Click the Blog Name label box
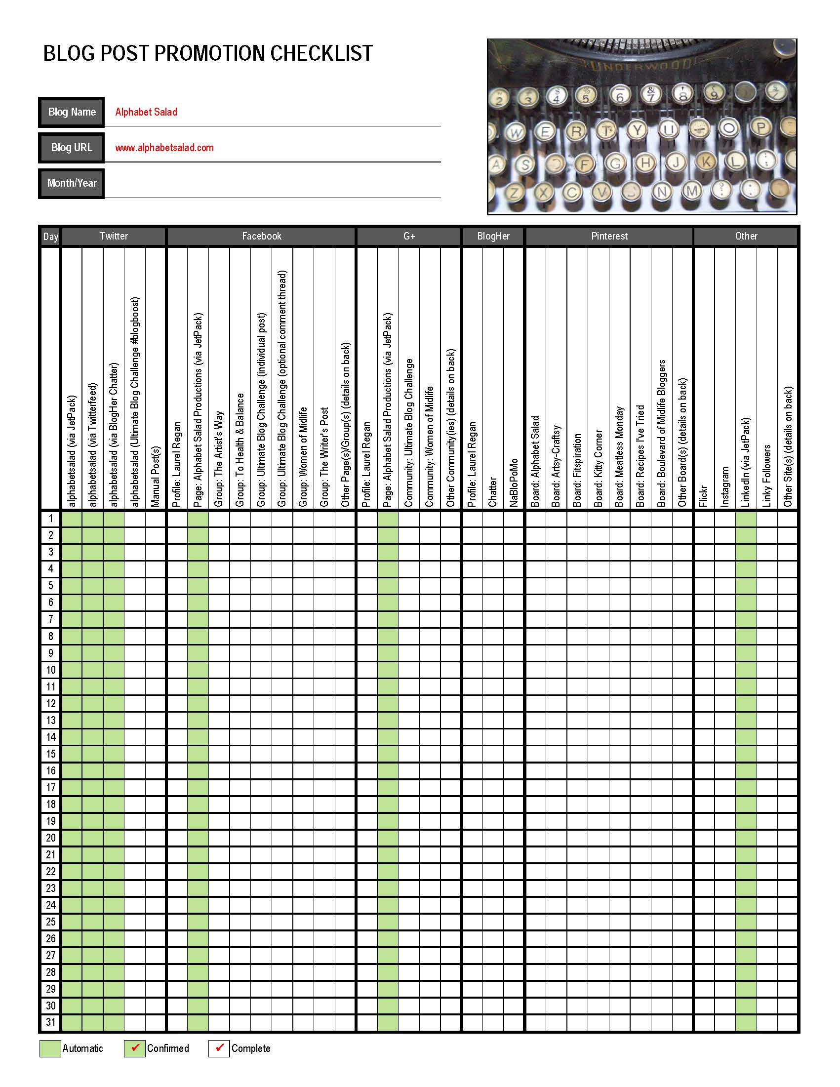point(71,112)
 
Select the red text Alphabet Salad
point(146,112)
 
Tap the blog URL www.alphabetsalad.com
point(164,148)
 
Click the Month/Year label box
point(71,183)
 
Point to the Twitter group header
point(114,237)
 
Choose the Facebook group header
point(261,237)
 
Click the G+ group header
point(408,237)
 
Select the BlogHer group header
point(493,237)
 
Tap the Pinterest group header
point(609,237)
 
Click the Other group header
point(746,237)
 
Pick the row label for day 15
point(51,754)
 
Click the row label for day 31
point(51,1023)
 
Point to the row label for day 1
point(51,519)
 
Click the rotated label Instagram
point(725,487)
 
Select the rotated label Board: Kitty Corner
point(598,468)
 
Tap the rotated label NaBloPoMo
point(514,483)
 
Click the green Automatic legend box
point(50,1048)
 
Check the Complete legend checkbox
point(219,1048)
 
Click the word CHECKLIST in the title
point(321,53)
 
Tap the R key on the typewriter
point(576,132)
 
